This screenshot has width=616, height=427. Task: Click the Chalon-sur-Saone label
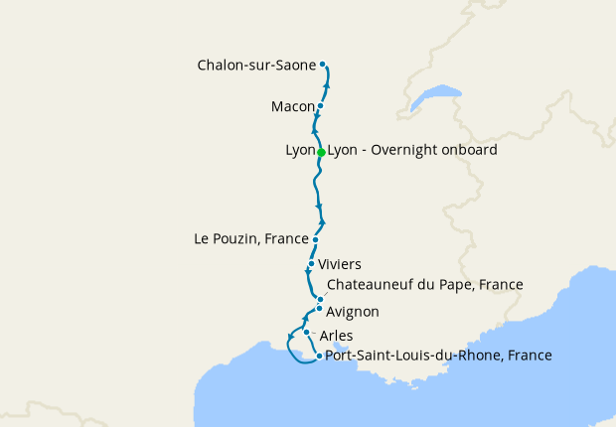click(256, 66)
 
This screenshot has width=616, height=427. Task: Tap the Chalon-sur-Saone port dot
click(323, 65)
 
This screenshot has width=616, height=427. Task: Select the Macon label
click(292, 106)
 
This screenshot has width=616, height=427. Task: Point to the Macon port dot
click(320, 105)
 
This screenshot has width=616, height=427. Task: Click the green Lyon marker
click(321, 152)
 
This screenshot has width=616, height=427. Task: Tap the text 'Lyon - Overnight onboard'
click(412, 150)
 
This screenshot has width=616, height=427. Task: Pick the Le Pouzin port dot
click(315, 239)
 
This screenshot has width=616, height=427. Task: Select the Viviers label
click(339, 264)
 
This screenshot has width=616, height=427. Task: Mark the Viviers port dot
click(311, 264)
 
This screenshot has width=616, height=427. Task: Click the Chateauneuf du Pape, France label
click(424, 285)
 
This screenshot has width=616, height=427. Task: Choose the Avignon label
click(352, 312)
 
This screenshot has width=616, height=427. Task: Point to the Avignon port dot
click(319, 309)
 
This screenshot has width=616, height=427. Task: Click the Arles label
click(336, 336)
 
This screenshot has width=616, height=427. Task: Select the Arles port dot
click(307, 333)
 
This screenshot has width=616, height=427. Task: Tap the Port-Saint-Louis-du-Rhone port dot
click(318, 356)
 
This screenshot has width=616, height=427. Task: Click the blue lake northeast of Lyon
click(438, 96)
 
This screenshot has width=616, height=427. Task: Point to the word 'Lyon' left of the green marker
click(299, 150)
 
